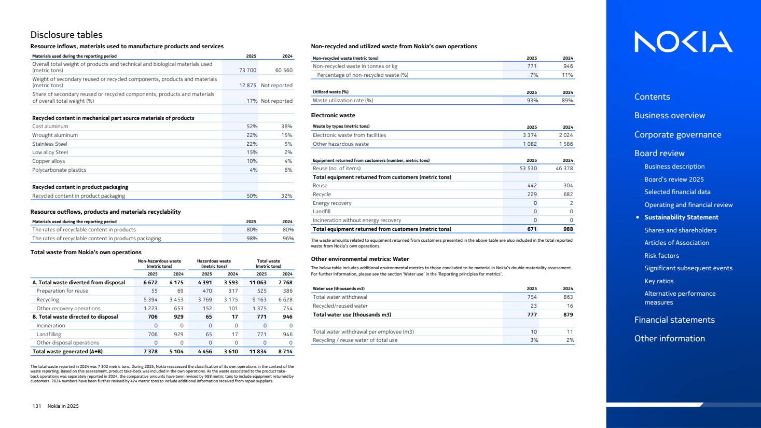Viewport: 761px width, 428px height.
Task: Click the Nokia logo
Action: coord(683,42)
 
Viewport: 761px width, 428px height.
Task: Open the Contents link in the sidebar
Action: coord(652,96)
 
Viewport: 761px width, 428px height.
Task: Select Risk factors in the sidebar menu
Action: coord(661,255)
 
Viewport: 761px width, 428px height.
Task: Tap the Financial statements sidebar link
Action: coord(674,320)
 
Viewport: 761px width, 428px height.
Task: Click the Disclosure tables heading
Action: coord(66,35)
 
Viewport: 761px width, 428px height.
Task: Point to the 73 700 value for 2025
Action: coord(247,70)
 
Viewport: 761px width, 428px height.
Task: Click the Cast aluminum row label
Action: coord(50,126)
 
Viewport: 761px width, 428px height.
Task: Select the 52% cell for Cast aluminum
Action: coord(252,126)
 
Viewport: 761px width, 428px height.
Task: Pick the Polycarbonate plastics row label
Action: coord(59,170)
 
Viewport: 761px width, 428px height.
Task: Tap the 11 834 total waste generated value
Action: coord(258,351)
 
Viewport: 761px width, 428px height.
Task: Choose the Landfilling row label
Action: coord(49,334)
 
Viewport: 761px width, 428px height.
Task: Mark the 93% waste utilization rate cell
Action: coord(532,100)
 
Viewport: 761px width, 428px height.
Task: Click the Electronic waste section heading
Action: coord(333,115)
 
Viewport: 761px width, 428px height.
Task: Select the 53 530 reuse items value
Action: coord(528,168)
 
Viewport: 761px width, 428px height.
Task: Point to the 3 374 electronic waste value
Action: coord(530,135)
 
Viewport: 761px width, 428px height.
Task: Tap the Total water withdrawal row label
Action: coord(340,297)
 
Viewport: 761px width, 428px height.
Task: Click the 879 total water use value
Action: coord(568,314)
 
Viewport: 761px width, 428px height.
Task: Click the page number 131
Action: coord(36,406)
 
